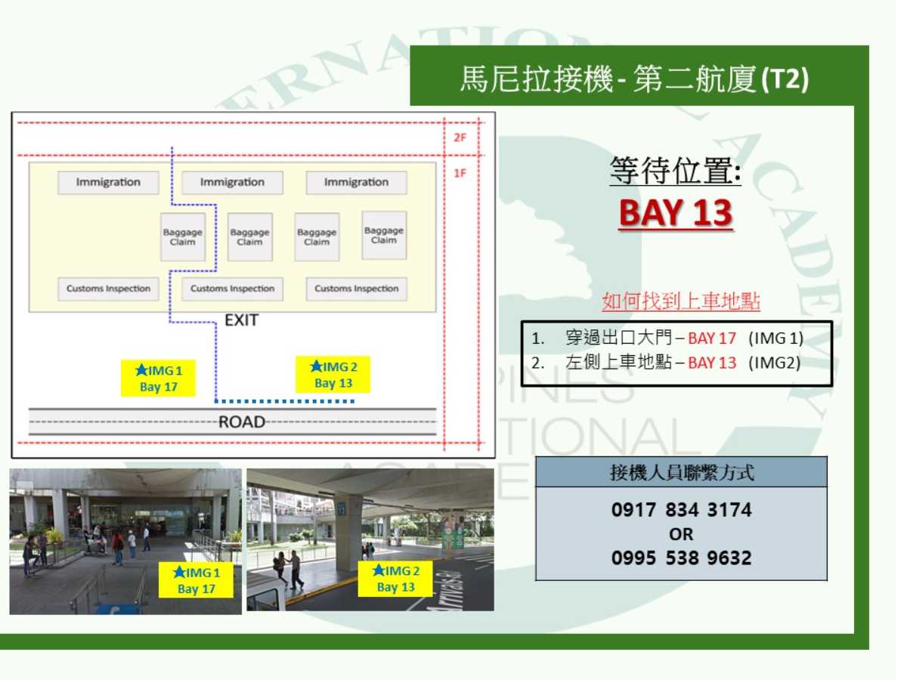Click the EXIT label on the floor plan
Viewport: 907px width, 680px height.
tap(241, 320)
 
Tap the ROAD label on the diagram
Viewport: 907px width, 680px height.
tap(242, 422)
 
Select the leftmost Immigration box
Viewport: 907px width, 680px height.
tap(108, 183)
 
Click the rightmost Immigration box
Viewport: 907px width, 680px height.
tap(356, 183)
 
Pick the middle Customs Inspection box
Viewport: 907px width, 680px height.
tap(232, 289)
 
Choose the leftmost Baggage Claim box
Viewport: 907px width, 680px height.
tap(183, 237)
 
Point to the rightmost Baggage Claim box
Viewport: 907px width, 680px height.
tap(384, 235)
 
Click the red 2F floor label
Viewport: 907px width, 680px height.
tap(460, 138)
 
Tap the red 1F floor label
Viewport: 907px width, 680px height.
tap(460, 173)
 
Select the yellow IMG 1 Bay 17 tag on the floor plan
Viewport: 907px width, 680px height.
tap(158, 379)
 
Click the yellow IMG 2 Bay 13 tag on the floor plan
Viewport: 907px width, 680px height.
tap(333, 375)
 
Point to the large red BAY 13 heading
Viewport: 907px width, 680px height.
tap(676, 213)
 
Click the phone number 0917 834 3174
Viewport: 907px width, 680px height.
tap(682, 510)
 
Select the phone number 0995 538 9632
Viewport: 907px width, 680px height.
tap(682, 558)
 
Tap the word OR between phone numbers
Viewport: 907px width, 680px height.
tap(681, 535)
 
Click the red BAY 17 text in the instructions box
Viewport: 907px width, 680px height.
tap(712, 338)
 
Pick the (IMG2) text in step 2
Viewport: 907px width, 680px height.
tap(775, 363)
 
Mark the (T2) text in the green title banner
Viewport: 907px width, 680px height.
tap(785, 79)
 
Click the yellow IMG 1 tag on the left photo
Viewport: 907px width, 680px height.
tap(196, 580)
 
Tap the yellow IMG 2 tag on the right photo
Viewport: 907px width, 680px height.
tap(395, 579)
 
